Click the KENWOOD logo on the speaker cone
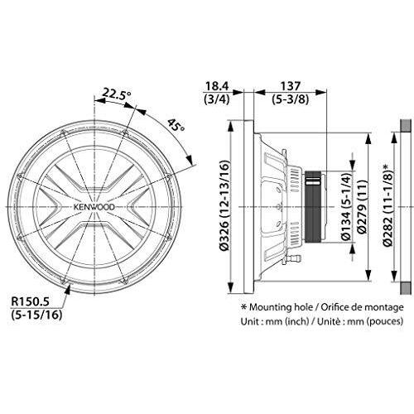94,207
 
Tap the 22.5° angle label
117,94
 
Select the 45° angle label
176,125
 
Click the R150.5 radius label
30,301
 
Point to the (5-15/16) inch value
36,315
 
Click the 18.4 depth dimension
218,86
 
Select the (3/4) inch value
217,99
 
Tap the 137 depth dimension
290,86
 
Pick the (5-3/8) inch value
290,99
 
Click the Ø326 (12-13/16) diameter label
224,205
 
